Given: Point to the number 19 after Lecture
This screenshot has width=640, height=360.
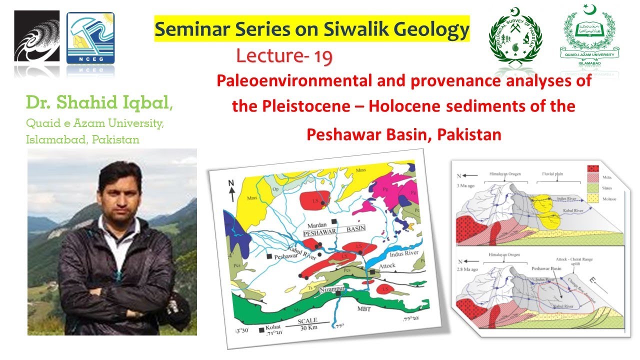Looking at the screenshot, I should [323, 56].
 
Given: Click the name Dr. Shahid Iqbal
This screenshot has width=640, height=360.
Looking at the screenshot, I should [100, 104].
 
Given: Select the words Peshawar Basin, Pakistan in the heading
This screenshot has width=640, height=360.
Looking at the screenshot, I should [403, 134].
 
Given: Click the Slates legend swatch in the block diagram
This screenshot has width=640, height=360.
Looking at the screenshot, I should [590, 187].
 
